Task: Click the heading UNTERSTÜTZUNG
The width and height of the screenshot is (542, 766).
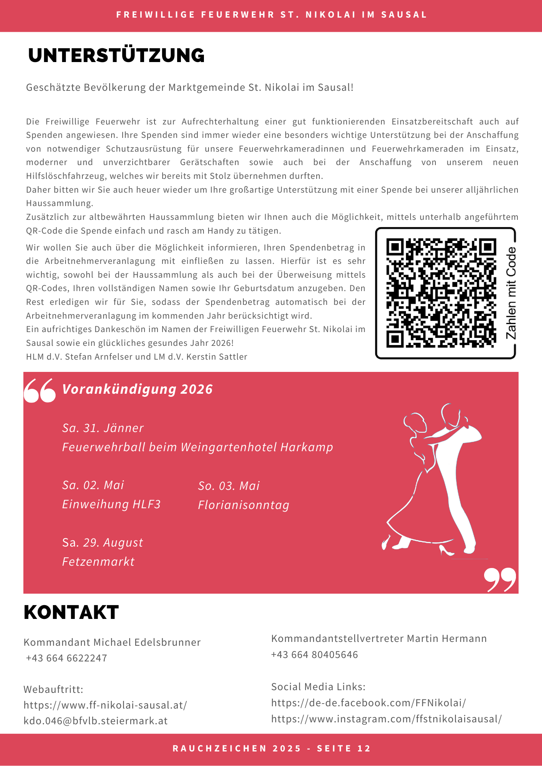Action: [116, 56]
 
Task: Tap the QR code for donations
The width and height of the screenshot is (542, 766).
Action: [441, 293]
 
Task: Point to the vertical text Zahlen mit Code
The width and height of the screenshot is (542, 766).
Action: [511, 293]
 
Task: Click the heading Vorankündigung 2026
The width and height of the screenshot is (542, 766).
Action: [137, 390]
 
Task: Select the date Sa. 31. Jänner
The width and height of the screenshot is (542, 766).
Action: [103, 428]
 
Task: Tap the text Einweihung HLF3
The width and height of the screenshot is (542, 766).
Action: [111, 504]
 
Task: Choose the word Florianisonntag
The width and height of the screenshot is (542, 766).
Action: [243, 505]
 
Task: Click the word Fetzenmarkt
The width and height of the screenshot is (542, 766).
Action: [98, 562]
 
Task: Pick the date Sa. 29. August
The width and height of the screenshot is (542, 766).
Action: [102, 543]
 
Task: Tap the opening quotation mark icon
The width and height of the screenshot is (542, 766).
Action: [40, 391]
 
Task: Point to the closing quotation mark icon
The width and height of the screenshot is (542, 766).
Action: [500, 579]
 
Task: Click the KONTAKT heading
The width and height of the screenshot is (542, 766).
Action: [71, 612]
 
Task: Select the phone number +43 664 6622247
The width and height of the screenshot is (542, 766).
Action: [66, 658]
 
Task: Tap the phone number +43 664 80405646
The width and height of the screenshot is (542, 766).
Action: [314, 655]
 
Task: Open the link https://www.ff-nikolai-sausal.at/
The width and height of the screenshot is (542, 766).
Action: [105, 705]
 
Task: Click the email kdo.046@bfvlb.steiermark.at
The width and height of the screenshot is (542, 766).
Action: [95, 721]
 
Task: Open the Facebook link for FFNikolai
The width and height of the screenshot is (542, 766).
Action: [368, 703]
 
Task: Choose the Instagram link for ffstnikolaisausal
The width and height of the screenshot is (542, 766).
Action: [386, 719]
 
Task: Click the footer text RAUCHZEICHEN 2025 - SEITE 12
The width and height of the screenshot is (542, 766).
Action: [271, 749]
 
